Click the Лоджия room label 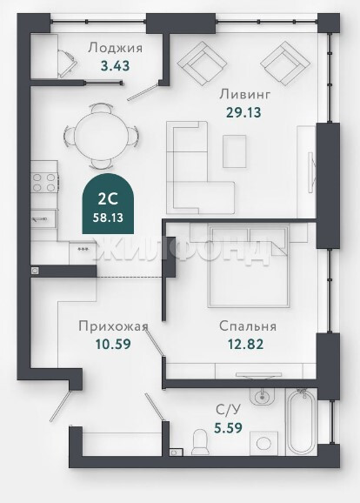(115, 48)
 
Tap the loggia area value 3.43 (115, 66)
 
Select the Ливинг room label (245, 94)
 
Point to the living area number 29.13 (244, 112)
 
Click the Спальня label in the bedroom (248, 326)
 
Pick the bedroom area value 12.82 (245, 345)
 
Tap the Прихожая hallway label (114, 326)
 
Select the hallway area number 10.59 (113, 345)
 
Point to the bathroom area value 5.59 (228, 427)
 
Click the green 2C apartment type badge (108, 204)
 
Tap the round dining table (101, 136)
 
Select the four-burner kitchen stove (44, 182)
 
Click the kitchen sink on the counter (43, 218)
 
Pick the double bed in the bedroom (249, 265)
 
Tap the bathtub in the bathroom (302, 421)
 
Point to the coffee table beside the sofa (235, 151)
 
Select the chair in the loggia (68, 61)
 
